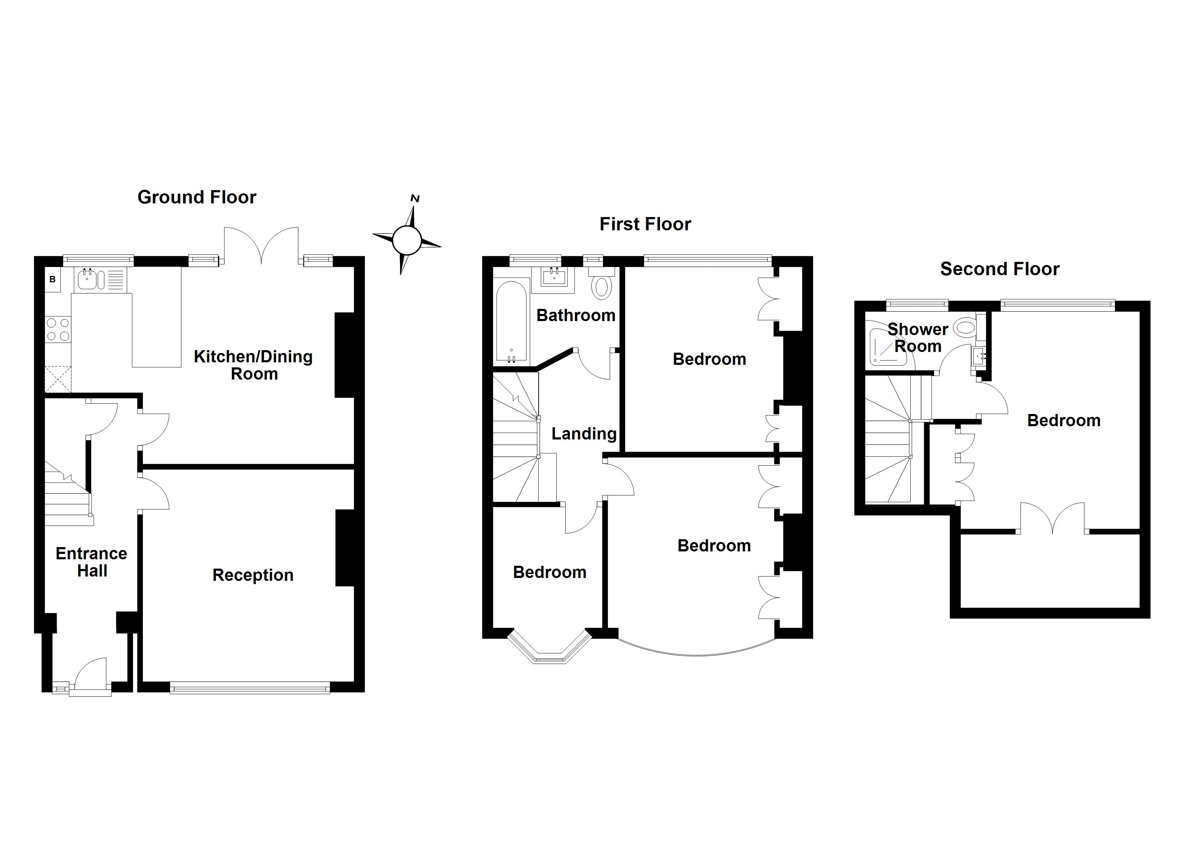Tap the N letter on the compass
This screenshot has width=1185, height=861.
coord(415,198)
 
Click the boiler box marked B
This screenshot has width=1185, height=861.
coord(52,280)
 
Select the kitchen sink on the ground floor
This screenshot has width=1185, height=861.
coord(87,280)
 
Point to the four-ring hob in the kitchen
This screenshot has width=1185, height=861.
coord(58,329)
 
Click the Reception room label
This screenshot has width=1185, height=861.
coord(253,575)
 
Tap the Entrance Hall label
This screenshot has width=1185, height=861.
coord(92,562)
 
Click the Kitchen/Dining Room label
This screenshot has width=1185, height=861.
coord(254,365)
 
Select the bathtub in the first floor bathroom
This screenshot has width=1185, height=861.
coord(511,322)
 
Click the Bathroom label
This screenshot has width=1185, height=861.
coord(576,315)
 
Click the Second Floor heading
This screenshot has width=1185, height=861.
coord(999,269)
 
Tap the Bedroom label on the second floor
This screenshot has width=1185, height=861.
coord(1064,420)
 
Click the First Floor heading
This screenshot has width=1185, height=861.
coord(645,224)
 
